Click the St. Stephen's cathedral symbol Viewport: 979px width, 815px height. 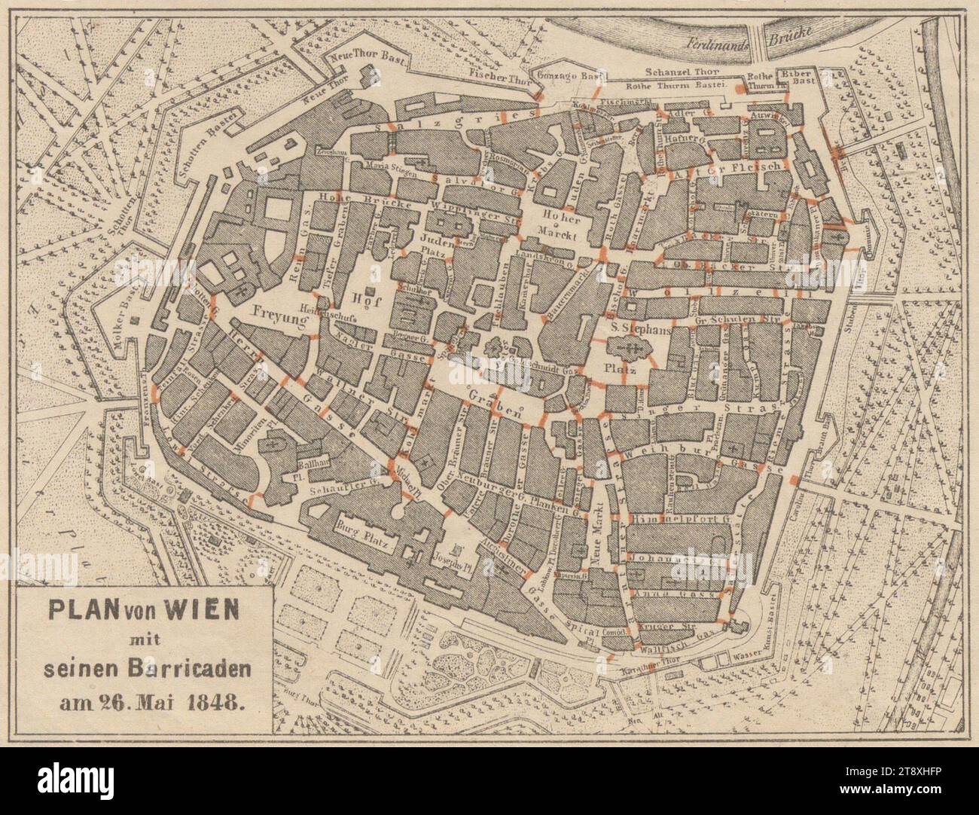pos(631,348)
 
